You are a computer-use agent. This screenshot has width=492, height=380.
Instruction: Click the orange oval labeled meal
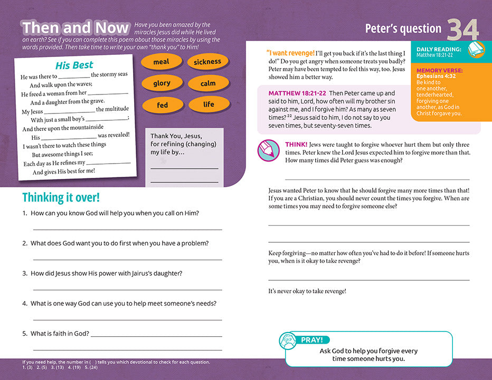click(x=161, y=62)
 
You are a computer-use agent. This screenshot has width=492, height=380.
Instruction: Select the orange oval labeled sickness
click(x=207, y=62)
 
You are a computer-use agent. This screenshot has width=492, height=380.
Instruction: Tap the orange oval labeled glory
click(x=162, y=83)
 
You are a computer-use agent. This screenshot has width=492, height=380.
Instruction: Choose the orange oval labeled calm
click(x=208, y=83)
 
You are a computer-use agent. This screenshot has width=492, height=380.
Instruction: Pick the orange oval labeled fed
click(x=163, y=105)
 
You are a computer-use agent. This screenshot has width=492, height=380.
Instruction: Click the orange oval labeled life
click(x=209, y=104)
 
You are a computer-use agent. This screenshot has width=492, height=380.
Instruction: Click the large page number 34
click(x=463, y=30)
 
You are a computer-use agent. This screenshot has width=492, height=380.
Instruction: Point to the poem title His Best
click(x=74, y=65)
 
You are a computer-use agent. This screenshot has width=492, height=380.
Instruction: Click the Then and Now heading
click(x=75, y=27)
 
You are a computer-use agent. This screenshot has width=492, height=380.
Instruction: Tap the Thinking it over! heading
click(x=61, y=198)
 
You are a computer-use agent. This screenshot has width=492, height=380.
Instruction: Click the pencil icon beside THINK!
click(x=268, y=150)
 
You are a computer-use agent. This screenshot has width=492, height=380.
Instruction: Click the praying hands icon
click(x=289, y=341)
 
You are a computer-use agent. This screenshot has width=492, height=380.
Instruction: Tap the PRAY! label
click(x=311, y=340)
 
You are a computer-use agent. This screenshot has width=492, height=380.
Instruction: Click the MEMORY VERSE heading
click(x=439, y=70)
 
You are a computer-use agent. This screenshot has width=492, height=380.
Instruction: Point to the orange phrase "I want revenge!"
click(x=290, y=53)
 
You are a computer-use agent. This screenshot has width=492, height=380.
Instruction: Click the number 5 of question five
click(x=24, y=334)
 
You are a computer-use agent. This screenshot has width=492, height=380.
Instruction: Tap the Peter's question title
click(x=403, y=28)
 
